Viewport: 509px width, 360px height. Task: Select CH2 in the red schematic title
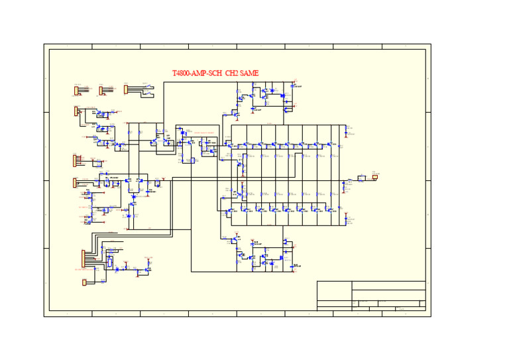[x=231, y=74]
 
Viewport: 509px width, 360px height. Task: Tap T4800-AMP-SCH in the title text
[x=196, y=74]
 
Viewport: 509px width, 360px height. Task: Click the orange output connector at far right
[x=375, y=178]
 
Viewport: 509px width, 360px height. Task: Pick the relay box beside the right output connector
[x=362, y=178]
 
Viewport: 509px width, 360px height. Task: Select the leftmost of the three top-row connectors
[x=76, y=90]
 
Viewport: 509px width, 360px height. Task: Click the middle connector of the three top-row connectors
[x=101, y=90]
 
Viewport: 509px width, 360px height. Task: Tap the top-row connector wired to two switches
[x=126, y=90]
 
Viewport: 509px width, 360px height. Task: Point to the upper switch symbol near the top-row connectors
[x=150, y=86]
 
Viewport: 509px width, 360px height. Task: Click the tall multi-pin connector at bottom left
[x=84, y=259]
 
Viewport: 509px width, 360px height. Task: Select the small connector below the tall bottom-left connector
[x=84, y=282]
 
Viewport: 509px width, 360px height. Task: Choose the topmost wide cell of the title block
[x=388, y=285]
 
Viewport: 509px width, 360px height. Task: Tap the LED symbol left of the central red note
[x=180, y=132]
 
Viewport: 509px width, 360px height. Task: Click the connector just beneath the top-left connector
[x=76, y=111]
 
